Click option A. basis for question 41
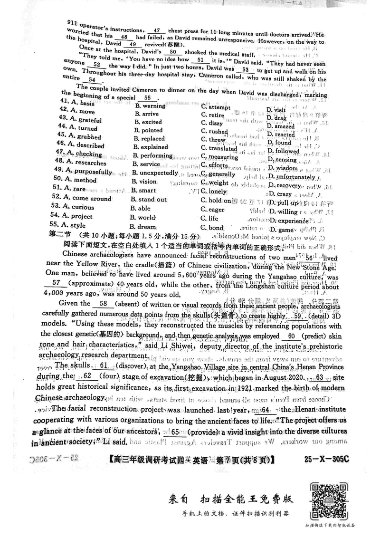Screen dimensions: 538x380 (x=76, y=103)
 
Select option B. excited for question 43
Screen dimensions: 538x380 (x=149, y=122)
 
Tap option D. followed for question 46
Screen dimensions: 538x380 (x=283, y=152)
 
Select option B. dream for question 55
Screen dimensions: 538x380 (x=146, y=227)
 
